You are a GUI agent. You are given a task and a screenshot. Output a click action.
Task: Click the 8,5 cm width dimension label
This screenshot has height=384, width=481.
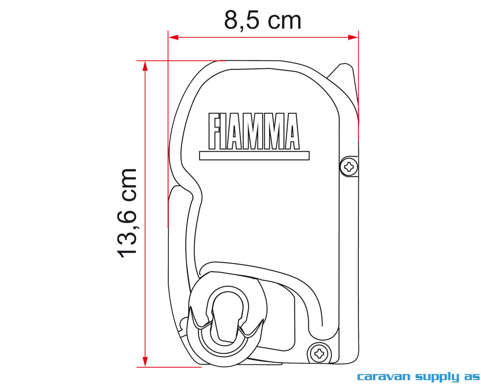coord(263,20)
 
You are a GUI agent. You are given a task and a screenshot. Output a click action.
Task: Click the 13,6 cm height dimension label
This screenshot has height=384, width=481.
coord(127,213)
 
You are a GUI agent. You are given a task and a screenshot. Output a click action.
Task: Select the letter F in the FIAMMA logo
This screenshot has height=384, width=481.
coord(215,131)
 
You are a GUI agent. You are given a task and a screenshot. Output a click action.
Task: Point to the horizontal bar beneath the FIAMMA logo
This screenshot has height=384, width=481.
coord(254,156)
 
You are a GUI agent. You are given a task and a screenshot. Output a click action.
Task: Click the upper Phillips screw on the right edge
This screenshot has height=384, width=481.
coord(349,167)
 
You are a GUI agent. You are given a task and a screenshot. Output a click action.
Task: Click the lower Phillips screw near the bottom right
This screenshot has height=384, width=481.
coord(319,354)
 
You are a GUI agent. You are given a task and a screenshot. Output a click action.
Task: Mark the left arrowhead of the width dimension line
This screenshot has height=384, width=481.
coord(173,37)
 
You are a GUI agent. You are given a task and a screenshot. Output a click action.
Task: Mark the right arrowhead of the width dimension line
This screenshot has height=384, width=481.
coord(353,37)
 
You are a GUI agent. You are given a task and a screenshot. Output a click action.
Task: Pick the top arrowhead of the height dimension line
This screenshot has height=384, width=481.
coord(145,66)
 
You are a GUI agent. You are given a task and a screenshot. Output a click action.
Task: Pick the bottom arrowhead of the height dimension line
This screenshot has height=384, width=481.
coord(145,361)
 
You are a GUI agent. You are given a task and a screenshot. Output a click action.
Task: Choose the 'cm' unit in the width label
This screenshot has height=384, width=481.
coord(285,20)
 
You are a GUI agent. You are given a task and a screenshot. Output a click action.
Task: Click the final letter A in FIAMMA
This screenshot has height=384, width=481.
coord(291,131)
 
